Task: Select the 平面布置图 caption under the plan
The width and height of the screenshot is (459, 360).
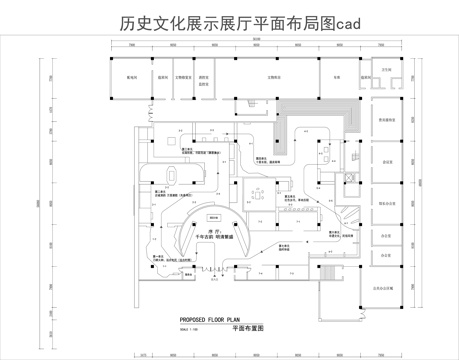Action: click(247, 328)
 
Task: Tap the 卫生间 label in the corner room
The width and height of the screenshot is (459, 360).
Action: click(386, 73)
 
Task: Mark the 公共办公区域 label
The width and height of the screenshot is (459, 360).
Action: click(387, 285)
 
